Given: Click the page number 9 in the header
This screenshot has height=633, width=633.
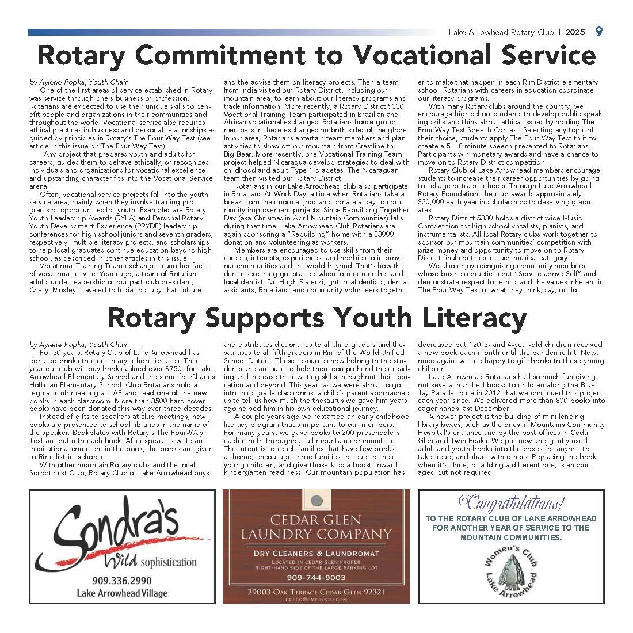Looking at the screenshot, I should click(599, 32).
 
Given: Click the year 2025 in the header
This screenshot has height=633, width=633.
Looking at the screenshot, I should click(575, 33).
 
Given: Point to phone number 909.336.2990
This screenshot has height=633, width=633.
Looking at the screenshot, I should click(122, 581).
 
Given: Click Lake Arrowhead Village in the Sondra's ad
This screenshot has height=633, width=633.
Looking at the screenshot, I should click(122, 593).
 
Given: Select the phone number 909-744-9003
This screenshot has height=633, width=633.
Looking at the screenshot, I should click(316, 578).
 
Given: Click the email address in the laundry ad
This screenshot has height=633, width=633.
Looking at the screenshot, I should click(316, 600).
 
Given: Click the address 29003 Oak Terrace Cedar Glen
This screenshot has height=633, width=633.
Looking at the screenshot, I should click(316, 592).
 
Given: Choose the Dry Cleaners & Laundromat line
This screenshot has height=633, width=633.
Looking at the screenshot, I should click(316, 553).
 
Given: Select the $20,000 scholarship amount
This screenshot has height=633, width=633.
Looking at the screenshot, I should click(431, 201).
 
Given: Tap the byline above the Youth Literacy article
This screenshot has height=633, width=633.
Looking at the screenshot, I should click(78, 344).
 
